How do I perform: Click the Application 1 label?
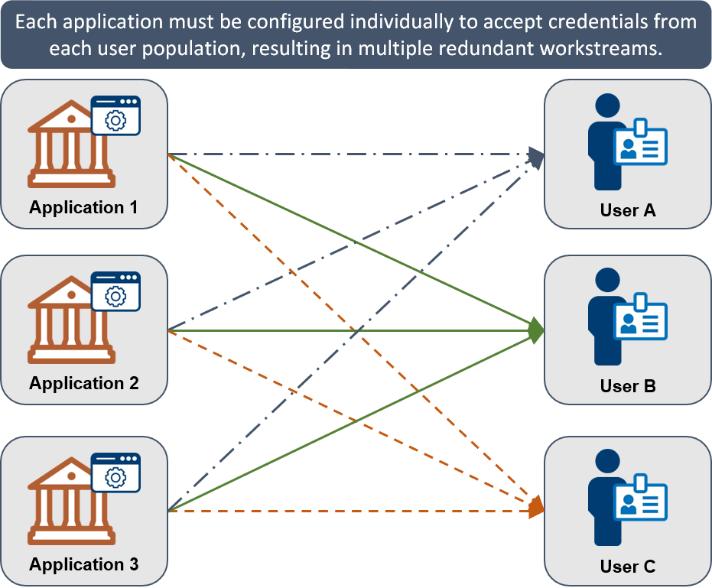click(x=84, y=207)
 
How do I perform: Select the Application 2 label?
click(x=84, y=383)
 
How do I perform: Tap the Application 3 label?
click(x=84, y=565)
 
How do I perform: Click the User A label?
click(x=628, y=210)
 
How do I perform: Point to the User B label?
click(x=628, y=386)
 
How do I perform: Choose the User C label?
click(x=628, y=567)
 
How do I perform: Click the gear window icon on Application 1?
click(x=115, y=116)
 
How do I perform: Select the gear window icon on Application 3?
click(x=115, y=473)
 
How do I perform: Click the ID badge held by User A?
click(x=641, y=145)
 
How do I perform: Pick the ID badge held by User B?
click(x=641, y=321)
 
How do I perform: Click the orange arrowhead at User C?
click(x=535, y=508)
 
